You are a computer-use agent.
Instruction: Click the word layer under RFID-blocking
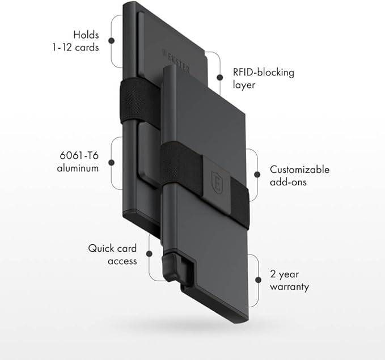point(244,86)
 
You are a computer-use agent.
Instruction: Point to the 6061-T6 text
point(79,155)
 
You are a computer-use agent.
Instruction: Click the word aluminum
point(77,168)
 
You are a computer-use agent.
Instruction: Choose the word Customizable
point(299,169)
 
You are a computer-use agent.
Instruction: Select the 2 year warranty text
point(290,280)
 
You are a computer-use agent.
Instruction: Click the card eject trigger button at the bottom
point(170,266)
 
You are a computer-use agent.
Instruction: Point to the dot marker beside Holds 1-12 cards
point(112,40)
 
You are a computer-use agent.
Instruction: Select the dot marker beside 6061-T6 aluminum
point(112,162)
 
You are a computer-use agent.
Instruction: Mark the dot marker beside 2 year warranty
point(258,280)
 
